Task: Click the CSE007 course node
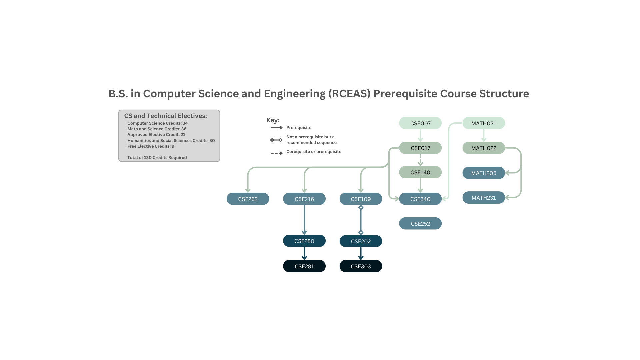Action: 420,123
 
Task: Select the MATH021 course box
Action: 484,123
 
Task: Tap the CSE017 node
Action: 420,148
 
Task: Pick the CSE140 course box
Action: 420,172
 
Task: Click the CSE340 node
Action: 420,199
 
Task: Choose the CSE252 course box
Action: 420,224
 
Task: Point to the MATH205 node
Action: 484,173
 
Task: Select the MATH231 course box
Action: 484,198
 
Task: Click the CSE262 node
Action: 248,199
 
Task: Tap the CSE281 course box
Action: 304,266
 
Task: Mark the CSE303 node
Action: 361,266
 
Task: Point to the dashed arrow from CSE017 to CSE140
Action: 420,160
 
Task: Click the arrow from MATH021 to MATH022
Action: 484,135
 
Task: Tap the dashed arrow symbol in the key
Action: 276,153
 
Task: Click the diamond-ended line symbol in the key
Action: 276,140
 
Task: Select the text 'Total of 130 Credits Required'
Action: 157,158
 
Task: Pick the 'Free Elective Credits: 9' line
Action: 151,146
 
